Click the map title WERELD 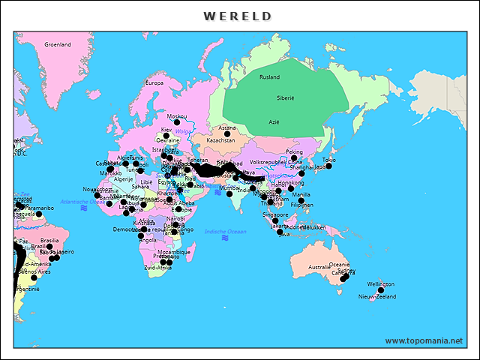click(x=238, y=16)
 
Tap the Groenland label click(x=57, y=44)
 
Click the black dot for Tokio click(x=328, y=166)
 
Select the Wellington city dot click(x=380, y=290)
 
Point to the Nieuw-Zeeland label click(x=377, y=297)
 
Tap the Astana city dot click(x=227, y=133)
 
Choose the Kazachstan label click(x=220, y=140)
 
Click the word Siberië click(x=286, y=98)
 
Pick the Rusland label click(x=269, y=77)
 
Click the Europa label click(x=154, y=83)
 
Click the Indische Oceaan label click(x=225, y=231)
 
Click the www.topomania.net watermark click(x=424, y=340)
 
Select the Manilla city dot click(x=301, y=200)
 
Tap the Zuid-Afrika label click(x=157, y=267)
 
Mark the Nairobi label click(x=175, y=218)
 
